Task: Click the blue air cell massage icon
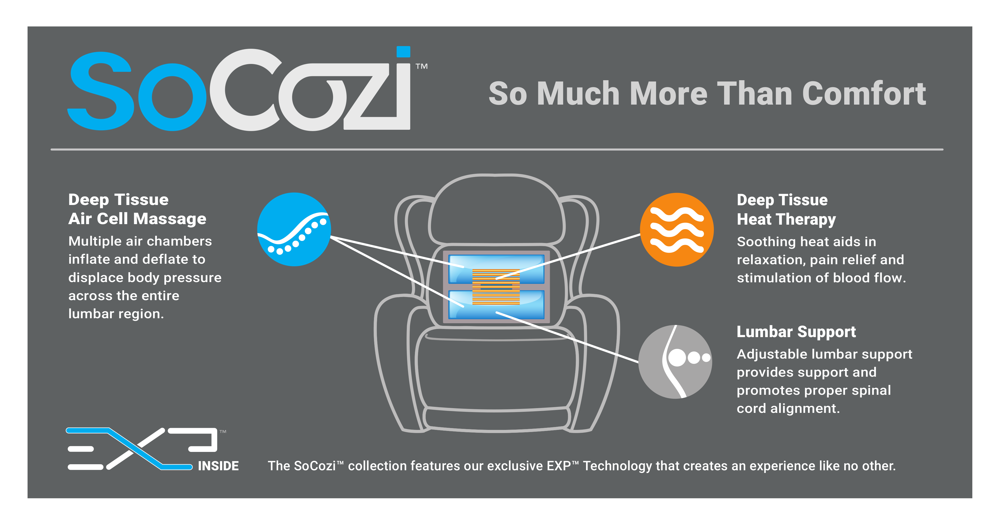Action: pyautogui.click(x=294, y=229)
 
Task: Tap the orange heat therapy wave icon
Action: pyautogui.click(x=677, y=230)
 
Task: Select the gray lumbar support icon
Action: pyautogui.click(x=675, y=361)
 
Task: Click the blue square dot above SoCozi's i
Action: pyautogui.click(x=403, y=52)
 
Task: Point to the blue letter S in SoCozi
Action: pyautogui.click(x=101, y=91)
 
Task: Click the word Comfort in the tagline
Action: pyautogui.click(x=864, y=94)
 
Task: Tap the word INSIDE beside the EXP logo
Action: pyautogui.click(x=218, y=466)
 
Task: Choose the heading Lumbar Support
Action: pyautogui.click(x=796, y=332)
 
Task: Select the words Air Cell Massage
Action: pyautogui.click(x=138, y=219)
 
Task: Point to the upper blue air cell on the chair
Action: pyautogui.click(x=496, y=269)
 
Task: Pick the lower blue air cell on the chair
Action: pyautogui.click(x=496, y=305)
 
